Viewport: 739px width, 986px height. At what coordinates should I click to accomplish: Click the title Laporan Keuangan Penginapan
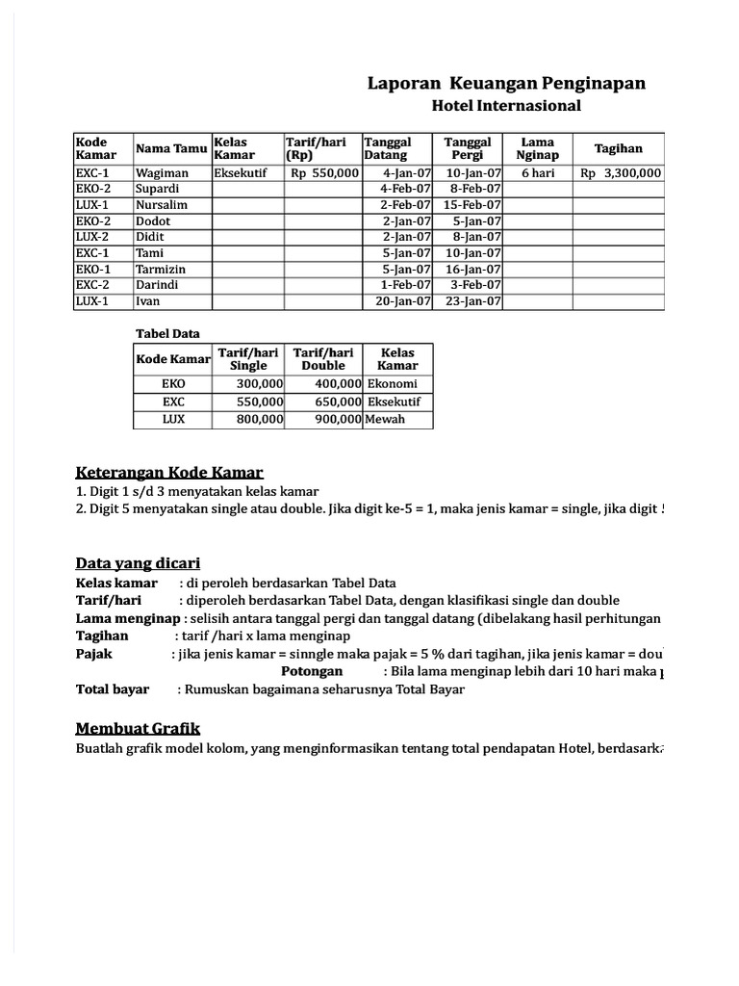click(506, 85)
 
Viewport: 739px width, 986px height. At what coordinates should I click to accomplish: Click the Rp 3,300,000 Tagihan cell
click(621, 173)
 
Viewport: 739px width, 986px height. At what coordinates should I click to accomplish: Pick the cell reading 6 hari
click(538, 173)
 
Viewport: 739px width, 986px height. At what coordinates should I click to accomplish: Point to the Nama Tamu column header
click(171, 148)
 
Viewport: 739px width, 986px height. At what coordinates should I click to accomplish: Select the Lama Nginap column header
click(538, 148)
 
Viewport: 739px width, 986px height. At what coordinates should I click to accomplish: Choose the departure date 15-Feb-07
click(471, 205)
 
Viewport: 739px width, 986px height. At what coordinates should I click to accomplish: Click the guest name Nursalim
click(162, 205)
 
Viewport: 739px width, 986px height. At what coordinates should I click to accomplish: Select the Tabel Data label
click(167, 334)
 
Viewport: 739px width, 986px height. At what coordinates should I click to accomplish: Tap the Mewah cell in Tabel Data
click(387, 420)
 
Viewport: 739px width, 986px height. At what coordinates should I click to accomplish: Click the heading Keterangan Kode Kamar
click(169, 473)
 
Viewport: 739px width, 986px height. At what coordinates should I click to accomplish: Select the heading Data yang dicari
click(138, 563)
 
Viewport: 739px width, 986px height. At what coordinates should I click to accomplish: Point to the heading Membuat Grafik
click(138, 728)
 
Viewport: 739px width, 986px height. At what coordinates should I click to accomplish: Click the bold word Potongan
click(311, 671)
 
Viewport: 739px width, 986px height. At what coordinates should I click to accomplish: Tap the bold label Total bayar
click(113, 689)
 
